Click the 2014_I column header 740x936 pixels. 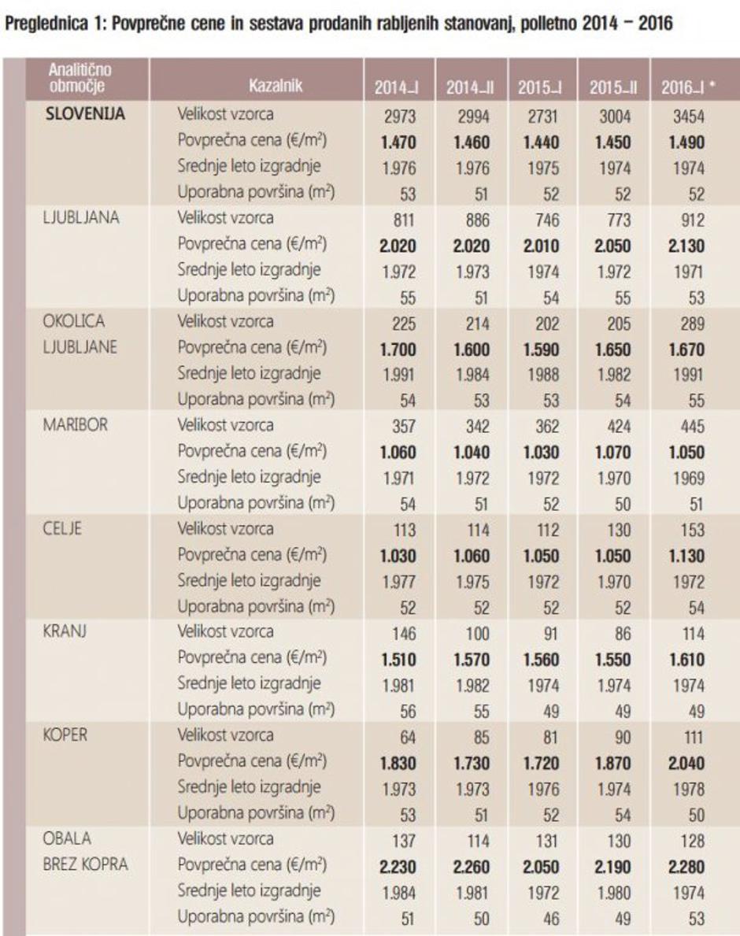(x=396, y=87)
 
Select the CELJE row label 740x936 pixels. (x=64, y=529)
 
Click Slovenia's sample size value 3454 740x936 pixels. (x=687, y=117)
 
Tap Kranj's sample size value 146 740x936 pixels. (x=397, y=634)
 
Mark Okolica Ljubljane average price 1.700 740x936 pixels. (x=397, y=349)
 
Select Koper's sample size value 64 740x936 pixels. (x=398, y=737)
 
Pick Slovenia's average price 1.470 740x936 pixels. (x=397, y=142)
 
